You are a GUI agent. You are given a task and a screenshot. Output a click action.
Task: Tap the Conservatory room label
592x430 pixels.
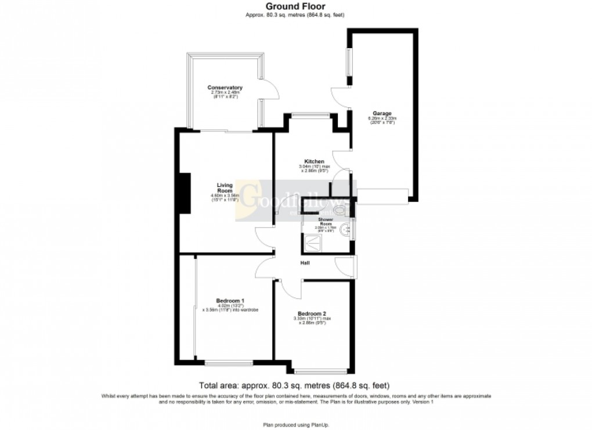click(225, 88)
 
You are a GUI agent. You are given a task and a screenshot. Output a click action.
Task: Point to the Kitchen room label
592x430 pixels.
click(314, 161)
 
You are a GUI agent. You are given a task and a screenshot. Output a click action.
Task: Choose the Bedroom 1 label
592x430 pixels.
click(230, 300)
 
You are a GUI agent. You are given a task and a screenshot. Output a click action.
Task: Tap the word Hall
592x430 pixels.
click(305, 263)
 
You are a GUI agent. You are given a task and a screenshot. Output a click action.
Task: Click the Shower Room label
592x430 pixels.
click(325, 222)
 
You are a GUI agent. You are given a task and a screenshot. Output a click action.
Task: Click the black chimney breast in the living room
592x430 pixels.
click(185, 193)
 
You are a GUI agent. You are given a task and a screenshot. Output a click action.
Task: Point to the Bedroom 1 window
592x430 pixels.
click(228, 364)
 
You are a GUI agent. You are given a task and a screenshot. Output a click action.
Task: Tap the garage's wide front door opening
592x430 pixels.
click(382, 196)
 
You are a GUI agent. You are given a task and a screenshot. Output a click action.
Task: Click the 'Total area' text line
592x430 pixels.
click(294, 385)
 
